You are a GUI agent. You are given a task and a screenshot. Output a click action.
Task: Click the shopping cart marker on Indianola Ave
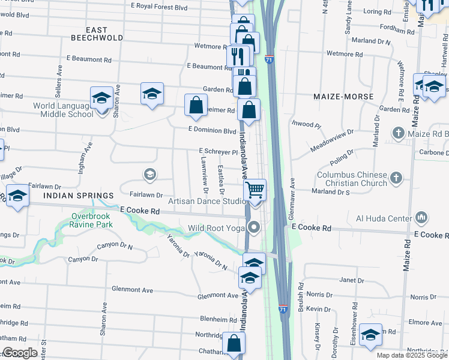point(256,190)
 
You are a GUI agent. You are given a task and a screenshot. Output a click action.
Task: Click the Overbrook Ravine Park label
point(92,220)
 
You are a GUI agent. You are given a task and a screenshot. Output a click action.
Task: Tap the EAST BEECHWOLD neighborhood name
point(97,34)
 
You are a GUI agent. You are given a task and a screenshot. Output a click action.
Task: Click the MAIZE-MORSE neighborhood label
point(343,96)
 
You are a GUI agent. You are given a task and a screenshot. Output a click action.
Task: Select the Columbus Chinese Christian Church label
point(351,178)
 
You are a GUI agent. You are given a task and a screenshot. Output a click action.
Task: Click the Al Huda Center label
point(384,217)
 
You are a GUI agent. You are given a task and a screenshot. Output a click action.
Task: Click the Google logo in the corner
point(20,353)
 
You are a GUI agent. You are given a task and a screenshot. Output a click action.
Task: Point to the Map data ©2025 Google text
point(412,355)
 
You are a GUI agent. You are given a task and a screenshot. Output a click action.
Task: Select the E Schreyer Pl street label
point(218,152)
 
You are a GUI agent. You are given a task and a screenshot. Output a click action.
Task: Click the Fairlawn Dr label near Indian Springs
point(146,194)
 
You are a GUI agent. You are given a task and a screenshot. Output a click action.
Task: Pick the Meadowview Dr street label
point(332,140)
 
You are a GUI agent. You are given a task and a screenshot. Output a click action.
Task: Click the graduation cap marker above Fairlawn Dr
point(149,175)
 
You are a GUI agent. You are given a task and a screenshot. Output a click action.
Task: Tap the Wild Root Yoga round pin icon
point(255,227)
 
